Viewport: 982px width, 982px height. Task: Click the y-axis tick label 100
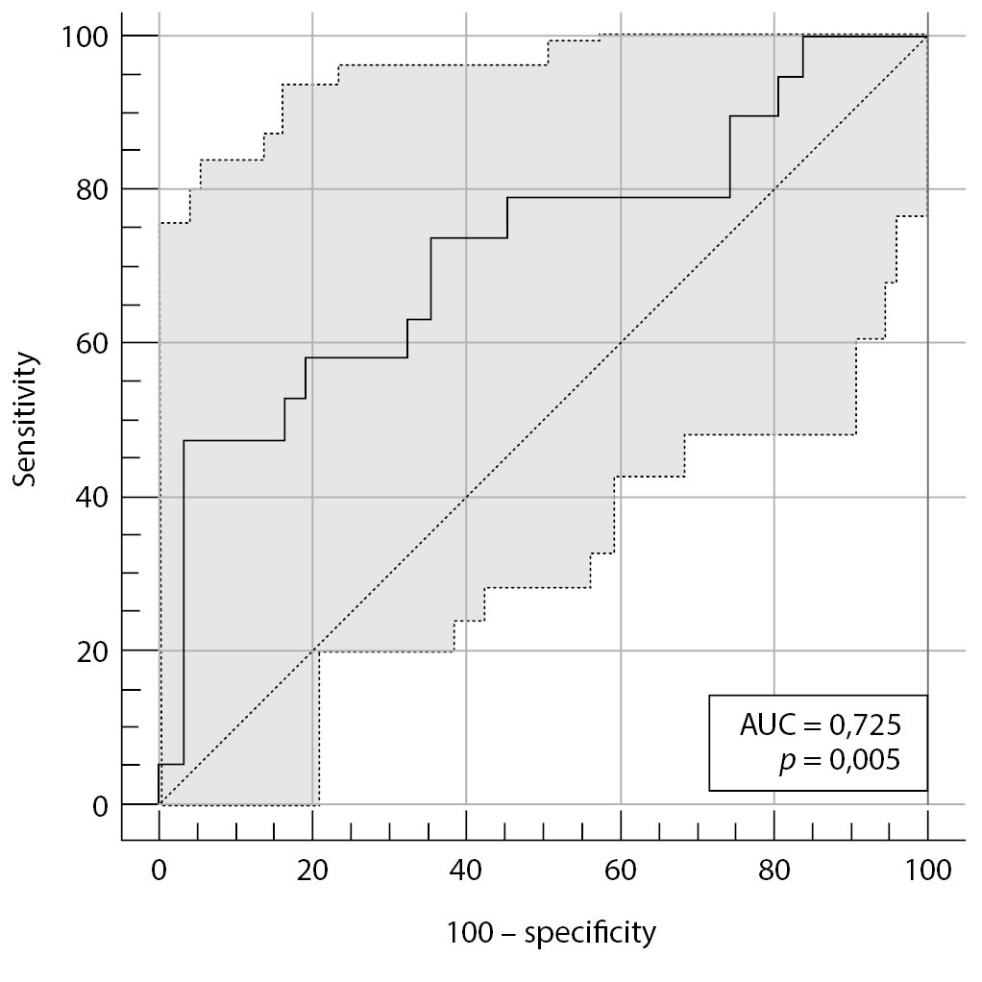83,36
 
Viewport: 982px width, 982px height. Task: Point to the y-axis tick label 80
89,189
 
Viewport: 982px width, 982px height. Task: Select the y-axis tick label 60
89,343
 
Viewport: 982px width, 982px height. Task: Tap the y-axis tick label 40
89,497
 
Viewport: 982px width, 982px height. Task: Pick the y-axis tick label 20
89,651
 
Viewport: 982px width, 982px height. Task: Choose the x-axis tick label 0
159,871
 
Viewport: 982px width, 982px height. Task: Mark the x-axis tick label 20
312,871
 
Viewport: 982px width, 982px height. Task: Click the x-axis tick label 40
466,871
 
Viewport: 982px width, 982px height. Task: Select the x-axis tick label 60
621,871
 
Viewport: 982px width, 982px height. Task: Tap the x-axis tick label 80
774,871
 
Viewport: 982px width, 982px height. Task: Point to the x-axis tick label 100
927,871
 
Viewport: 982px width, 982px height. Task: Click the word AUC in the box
764,725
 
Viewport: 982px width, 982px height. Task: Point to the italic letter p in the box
788,763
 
